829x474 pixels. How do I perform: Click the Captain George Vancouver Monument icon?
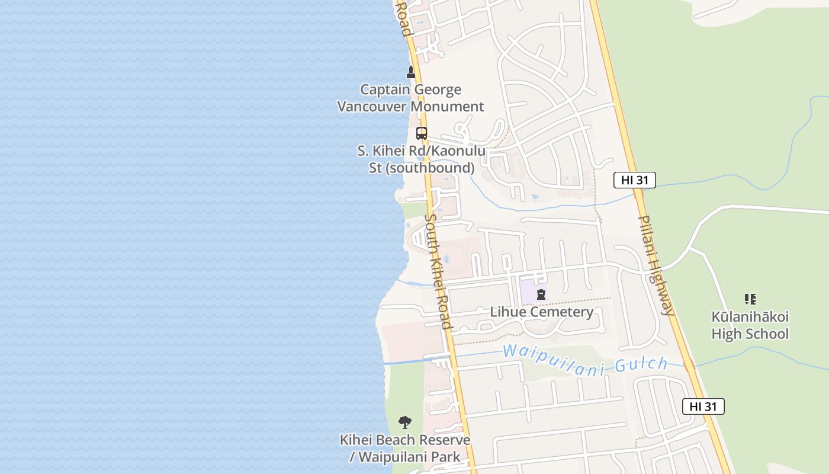[x=411, y=72]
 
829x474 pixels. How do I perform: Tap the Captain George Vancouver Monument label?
[x=410, y=98]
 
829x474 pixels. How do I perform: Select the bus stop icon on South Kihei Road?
[x=422, y=133]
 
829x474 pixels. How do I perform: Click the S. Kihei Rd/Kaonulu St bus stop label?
[x=422, y=159]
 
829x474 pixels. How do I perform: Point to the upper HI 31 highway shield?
[x=634, y=180]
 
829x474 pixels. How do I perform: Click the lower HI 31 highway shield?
[x=703, y=406]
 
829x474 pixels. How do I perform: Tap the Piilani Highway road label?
[x=656, y=265]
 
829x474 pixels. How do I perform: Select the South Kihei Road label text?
[x=439, y=271]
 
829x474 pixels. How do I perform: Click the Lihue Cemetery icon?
[x=541, y=294]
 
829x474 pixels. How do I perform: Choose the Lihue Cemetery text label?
[x=541, y=312]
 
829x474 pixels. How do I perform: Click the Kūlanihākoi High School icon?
[x=750, y=299]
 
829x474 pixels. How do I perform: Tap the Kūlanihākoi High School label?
[x=750, y=325]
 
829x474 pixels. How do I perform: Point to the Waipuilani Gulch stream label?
[x=585, y=359]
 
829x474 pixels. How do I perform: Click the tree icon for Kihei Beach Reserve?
[x=405, y=422]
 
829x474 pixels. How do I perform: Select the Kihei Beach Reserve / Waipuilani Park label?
[x=405, y=449]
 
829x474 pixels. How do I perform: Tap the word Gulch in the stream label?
[x=641, y=364]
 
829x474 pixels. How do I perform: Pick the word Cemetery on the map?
[x=562, y=312]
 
